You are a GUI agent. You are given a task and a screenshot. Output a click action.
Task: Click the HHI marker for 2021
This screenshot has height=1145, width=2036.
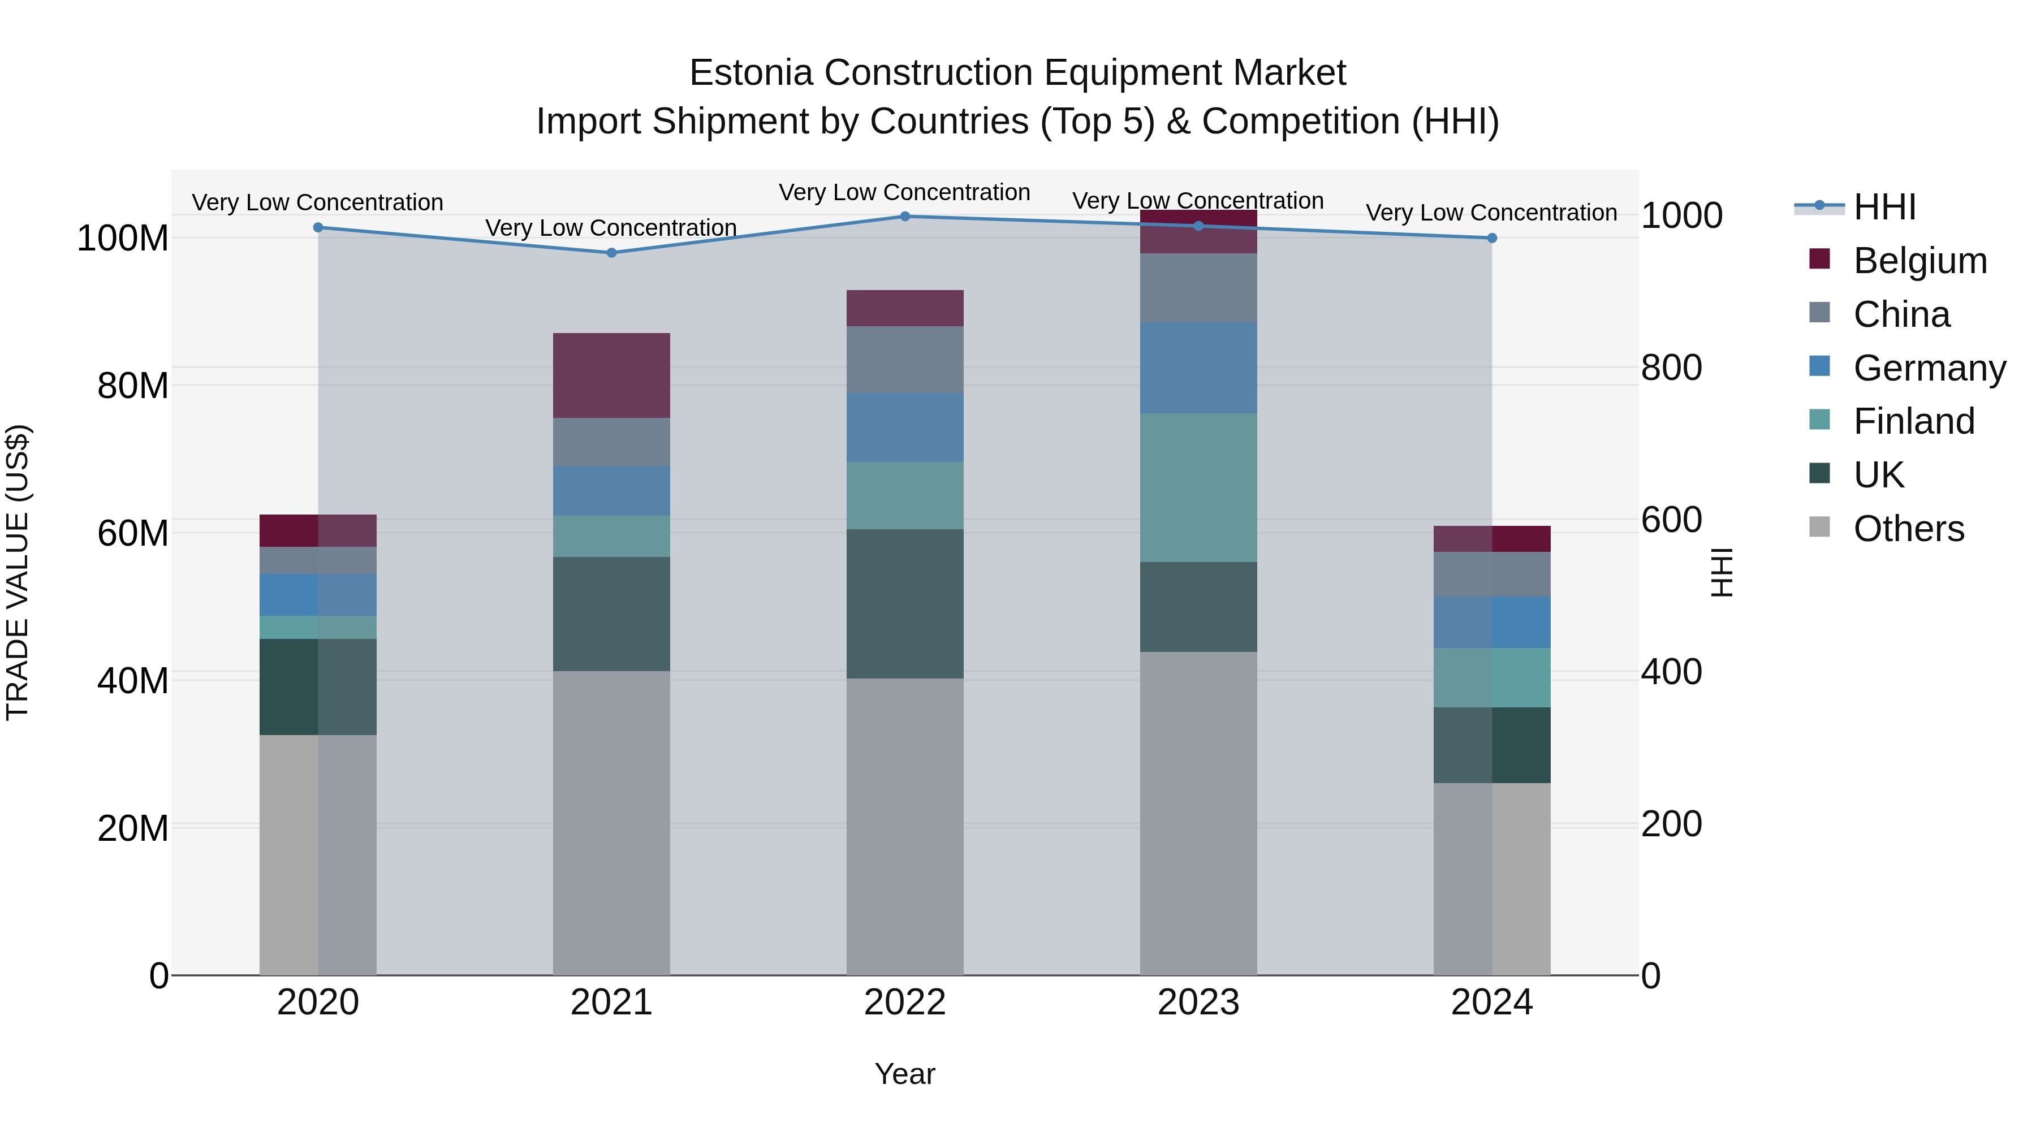pos(611,253)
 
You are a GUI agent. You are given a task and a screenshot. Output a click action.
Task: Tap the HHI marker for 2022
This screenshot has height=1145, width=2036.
pos(905,217)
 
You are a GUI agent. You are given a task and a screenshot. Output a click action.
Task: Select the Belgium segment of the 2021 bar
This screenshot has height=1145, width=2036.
pos(611,375)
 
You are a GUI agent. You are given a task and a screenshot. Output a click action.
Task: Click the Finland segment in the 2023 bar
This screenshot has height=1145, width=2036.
pos(1198,487)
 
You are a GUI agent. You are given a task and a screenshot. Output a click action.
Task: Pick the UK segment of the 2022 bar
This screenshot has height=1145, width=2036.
pos(905,604)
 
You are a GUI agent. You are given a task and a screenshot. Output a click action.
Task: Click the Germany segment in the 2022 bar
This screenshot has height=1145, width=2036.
pos(905,427)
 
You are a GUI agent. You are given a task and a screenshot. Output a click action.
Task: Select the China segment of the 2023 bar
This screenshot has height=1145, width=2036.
pos(1198,288)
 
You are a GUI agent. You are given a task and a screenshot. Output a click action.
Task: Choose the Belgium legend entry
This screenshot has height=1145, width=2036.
pos(1919,261)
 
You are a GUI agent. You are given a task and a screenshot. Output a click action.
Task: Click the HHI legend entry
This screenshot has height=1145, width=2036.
pos(1884,207)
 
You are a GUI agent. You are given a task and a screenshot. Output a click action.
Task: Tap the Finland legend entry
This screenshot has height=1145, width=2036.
pos(1913,421)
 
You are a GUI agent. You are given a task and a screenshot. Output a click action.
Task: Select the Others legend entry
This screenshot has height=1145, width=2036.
pos(1908,529)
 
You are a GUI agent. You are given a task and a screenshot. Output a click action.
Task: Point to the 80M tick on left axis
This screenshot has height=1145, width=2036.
pos(133,386)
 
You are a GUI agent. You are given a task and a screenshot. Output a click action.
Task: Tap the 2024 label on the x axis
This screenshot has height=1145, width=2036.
pos(1491,1003)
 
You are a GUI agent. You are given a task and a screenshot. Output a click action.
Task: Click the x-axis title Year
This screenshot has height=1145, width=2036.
pos(905,1074)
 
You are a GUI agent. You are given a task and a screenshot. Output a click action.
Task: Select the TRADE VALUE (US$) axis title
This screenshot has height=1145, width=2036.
pos(18,572)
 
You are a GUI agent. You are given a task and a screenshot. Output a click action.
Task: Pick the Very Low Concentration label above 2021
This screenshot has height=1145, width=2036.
pos(611,227)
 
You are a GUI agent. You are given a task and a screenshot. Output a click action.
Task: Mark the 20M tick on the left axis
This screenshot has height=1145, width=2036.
pos(133,828)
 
